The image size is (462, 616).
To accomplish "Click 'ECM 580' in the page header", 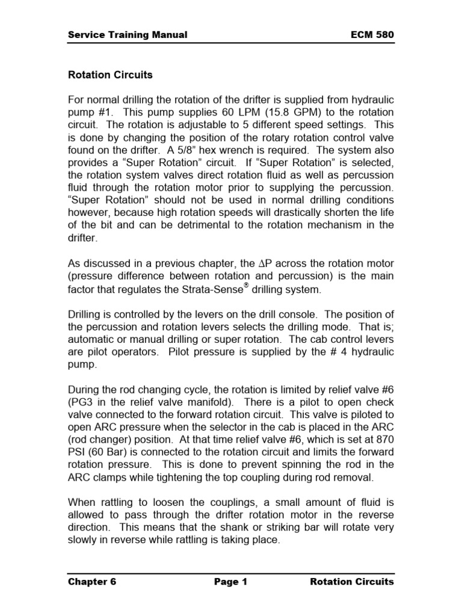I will (x=372, y=35).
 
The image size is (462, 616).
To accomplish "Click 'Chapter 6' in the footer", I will (x=92, y=582).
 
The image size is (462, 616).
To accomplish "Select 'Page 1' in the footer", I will (x=230, y=582).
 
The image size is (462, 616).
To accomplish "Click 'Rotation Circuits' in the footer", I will (x=352, y=582).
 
